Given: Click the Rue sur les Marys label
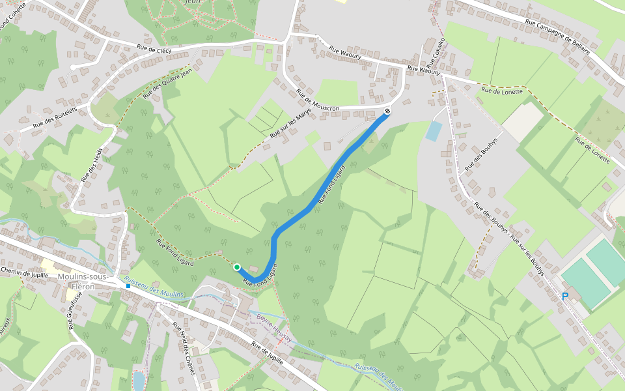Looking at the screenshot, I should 290,123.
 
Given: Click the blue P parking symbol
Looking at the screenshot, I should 564,297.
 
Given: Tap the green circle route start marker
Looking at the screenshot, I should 237,267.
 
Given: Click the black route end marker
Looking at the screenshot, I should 387,111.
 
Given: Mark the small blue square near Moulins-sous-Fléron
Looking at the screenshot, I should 128,286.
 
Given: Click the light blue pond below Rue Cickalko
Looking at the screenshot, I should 434,131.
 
